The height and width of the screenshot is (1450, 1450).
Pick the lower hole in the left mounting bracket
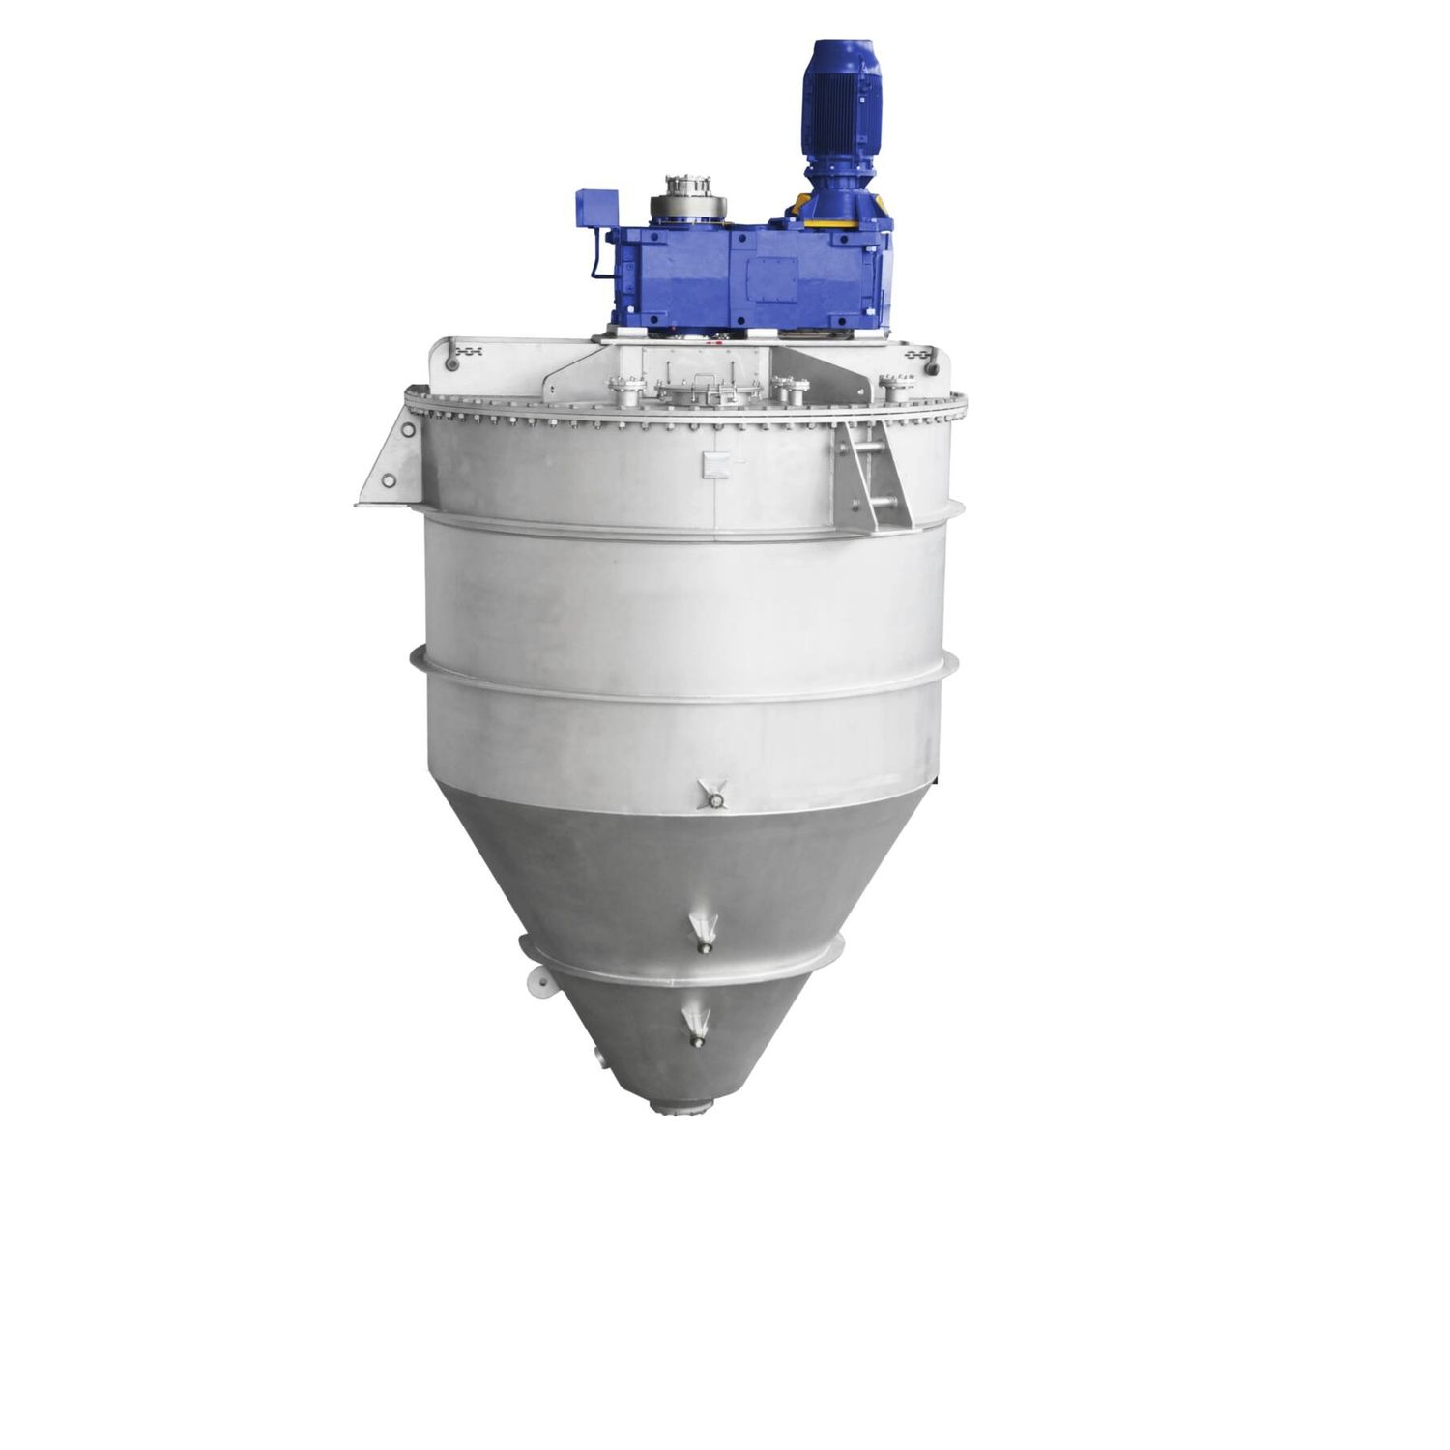(389, 480)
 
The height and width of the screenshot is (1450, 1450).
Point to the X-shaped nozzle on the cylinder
(715, 795)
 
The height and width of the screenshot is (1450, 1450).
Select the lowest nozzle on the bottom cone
(695, 1026)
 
